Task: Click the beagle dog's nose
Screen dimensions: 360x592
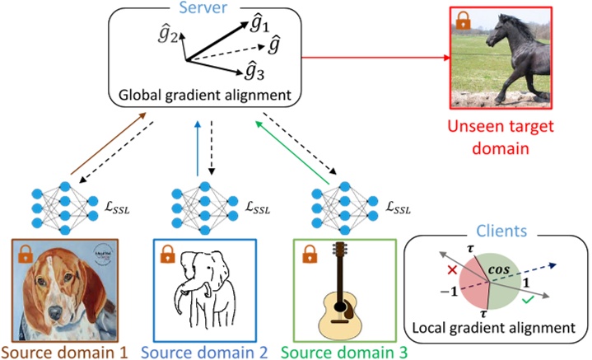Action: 57,311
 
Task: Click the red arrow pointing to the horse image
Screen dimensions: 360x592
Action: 375,58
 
